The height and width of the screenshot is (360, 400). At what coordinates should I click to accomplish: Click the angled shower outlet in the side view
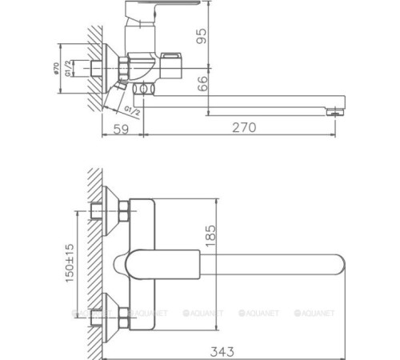119,90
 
